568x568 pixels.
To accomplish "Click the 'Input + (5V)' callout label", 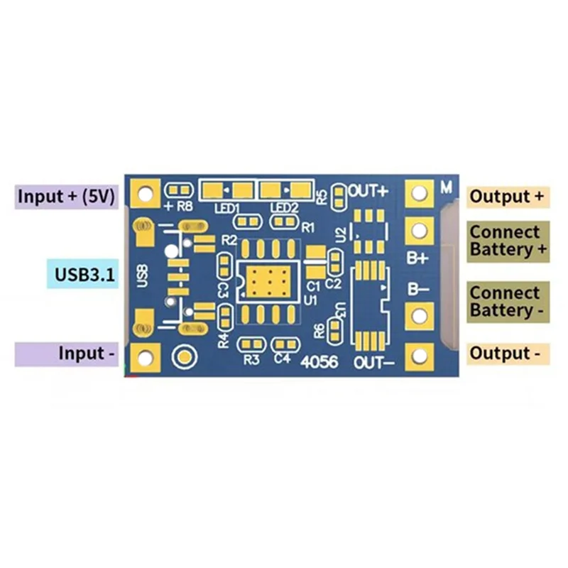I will [65, 197].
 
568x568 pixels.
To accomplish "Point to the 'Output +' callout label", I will [508, 197].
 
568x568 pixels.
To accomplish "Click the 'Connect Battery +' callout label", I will [508, 241].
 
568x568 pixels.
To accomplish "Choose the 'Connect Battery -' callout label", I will [508, 302].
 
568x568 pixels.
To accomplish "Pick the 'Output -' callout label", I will [508, 353].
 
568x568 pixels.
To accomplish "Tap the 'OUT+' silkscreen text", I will [368, 191].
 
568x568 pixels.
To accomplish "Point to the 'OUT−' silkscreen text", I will [373, 362].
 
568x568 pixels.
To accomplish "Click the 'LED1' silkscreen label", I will [227, 208].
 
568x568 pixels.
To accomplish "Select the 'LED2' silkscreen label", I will [284, 208].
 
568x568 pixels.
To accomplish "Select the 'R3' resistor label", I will [251, 359].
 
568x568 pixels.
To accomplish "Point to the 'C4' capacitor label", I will [282, 359].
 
